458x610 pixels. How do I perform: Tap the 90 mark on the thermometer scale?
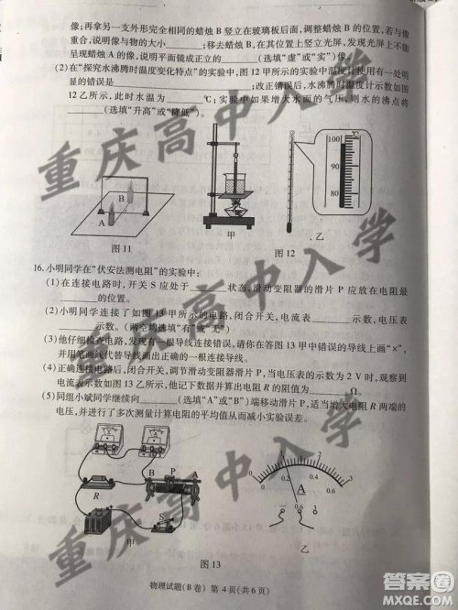point(335,166)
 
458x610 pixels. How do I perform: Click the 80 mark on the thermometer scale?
point(335,194)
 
